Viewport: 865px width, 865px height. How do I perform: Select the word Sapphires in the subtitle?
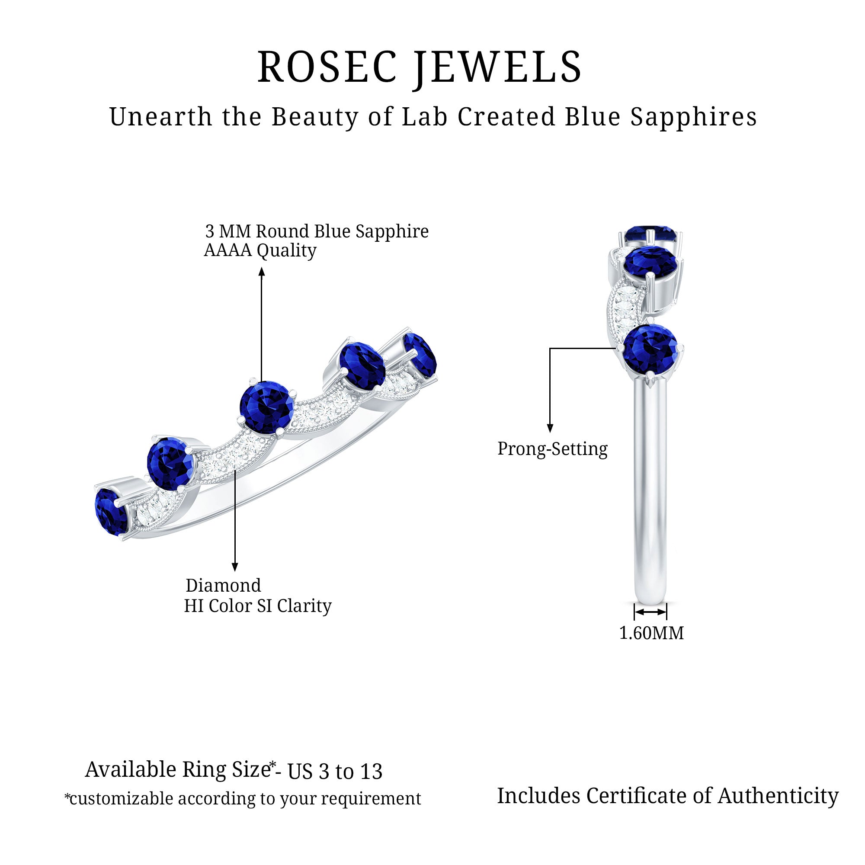pos(694,117)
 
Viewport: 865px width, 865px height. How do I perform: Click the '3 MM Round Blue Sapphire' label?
pos(317,231)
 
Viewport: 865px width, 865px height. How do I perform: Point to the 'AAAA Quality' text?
pos(259,250)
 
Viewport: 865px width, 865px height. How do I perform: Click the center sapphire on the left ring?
pos(266,407)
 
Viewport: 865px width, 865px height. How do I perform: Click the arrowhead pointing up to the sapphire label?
pos(262,271)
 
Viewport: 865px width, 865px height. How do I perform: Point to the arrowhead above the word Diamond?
pos(234,567)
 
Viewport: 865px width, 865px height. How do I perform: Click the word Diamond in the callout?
pos(223,586)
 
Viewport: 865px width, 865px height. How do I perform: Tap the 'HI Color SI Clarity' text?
pos(257,606)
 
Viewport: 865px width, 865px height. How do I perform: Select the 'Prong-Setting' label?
pos(552,449)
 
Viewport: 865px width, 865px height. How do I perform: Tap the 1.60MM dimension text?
pos(651,633)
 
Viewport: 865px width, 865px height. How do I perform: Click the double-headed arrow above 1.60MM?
pos(650,612)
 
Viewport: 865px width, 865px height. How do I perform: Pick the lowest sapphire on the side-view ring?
pos(650,349)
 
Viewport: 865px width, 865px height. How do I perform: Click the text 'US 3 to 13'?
pos(334,772)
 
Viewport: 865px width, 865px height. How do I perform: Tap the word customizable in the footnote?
pos(121,799)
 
